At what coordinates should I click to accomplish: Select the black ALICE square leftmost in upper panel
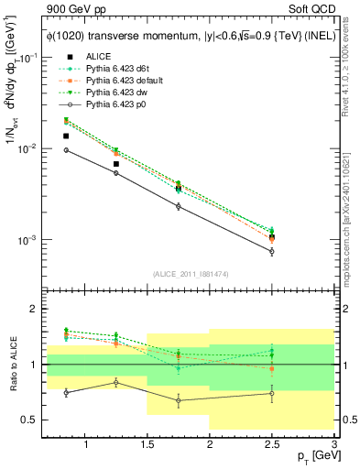click(66, 136)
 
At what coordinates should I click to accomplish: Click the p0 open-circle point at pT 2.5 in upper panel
click(272, 251)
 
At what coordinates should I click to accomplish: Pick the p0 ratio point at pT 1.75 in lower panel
click(179, 400)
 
